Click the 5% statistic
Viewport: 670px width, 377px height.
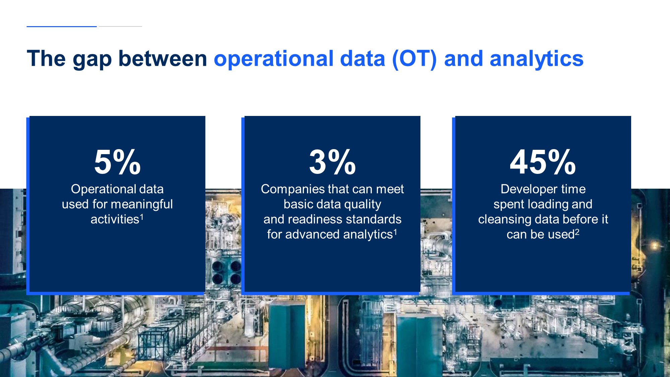click(x=117, y=162)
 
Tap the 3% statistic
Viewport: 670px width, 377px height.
click(x=332, y=162)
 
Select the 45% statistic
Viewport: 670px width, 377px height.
click(x=543, y=162)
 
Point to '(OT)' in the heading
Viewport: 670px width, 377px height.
click(x=414, y=59)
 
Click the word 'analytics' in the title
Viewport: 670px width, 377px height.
click(x=537, y=59)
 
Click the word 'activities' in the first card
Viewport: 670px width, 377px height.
click(x=115, y=219)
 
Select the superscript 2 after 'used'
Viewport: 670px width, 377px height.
click(x=577, y=232)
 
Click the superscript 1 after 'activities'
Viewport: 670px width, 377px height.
click(x=142, y=217)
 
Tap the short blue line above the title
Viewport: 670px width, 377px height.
click(x=62, y=26)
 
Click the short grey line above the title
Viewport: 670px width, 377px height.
click(x=120, y=26)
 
